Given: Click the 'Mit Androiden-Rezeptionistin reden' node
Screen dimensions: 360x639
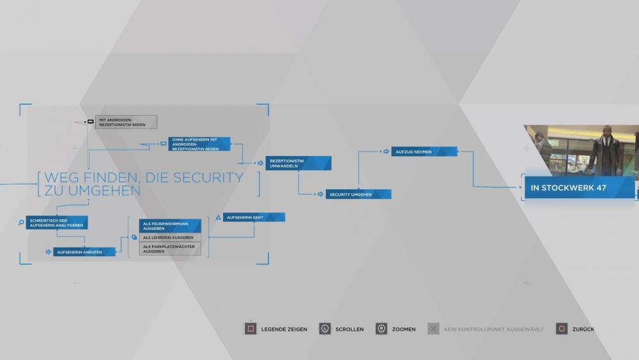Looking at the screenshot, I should [126, 121].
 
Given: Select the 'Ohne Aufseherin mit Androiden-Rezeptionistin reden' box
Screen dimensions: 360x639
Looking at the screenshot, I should [199, 144].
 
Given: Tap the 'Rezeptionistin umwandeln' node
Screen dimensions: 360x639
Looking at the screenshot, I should [298, 163].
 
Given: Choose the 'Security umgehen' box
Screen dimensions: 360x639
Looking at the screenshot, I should [358, 194].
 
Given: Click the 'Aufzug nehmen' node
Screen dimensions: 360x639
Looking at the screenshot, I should [424, 152].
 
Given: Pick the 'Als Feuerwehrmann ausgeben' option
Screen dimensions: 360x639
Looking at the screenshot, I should [170, 226].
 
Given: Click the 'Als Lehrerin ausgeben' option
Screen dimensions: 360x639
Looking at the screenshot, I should [170, 237].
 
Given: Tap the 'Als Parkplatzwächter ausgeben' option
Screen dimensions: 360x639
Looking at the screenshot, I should [170, 249].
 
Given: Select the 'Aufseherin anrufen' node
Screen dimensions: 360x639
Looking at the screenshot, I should [84, 252].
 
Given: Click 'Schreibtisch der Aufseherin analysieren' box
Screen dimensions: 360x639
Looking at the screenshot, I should [57, 223].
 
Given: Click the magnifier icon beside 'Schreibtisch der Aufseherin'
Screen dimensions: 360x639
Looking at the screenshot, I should [21, 223].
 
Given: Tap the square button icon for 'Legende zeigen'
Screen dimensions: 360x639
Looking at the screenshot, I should [250, 329].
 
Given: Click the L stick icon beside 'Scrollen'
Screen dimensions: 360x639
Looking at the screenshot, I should [325, 329].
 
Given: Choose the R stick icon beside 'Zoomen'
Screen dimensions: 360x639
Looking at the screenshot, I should [381, 329].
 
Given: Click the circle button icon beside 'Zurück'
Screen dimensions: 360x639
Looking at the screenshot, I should [561, 329].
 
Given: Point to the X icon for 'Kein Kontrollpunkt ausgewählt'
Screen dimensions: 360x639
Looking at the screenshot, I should [433, 329].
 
